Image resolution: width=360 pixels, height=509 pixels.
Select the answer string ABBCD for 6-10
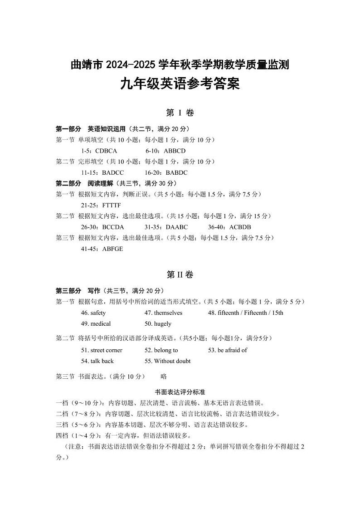pyautogui.click(x=175, y=151)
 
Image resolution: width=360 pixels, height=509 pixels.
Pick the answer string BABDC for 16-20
pyautogui.click(x=177, y=172)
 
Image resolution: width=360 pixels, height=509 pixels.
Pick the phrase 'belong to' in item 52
pyautogui.click(x=166, y=350)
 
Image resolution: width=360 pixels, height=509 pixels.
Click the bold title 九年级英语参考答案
pyautogui.click(x=180, y=84)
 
